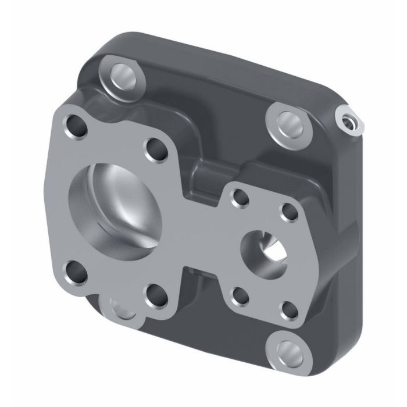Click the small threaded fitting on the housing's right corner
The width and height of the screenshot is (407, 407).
(348, 121)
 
